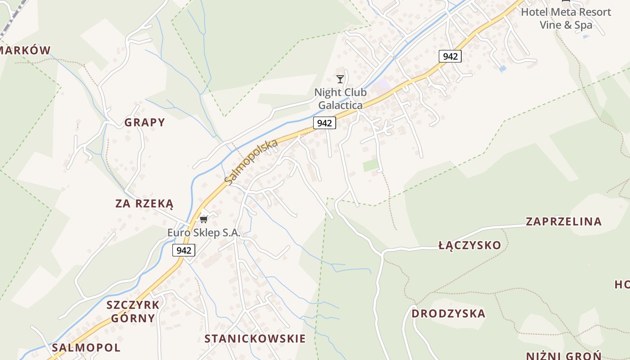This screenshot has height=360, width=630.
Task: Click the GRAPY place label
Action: click(x=145, y=122)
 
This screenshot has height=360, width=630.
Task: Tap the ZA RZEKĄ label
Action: click(x=144, y=204)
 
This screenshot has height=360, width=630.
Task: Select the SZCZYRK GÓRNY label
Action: click(x=133, y=311)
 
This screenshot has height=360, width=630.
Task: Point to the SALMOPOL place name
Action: click(x=86, y=347)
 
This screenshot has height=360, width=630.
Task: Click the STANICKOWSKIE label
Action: click(x=255, y=339)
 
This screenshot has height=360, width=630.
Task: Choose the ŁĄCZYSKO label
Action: click(x=469, y=245)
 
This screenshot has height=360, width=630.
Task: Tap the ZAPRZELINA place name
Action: click(x=563, y=221)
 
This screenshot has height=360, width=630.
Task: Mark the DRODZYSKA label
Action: click(x=449, y=314)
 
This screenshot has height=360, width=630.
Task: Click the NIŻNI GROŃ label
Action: click(x=564, y=355)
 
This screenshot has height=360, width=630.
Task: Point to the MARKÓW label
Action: click(x=25, y=50)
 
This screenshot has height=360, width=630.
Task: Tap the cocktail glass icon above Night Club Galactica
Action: click(x=340, y=79)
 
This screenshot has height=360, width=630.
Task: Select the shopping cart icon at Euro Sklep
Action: click(x=204, y=219)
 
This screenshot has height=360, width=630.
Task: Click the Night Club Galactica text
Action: click(x=340, y=99)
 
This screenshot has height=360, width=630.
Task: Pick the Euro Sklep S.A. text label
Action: click(x=204, y=233)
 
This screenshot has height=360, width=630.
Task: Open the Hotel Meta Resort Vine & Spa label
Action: click(x=566, y=18)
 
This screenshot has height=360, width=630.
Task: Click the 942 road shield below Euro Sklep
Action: click(x=184, y=250)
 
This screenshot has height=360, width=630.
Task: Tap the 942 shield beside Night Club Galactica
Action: click(x=324, y=123)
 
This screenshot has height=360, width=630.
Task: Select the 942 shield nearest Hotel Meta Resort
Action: click(x=450, y=56)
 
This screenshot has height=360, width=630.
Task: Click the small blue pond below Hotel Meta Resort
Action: click(x=503, y=69)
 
